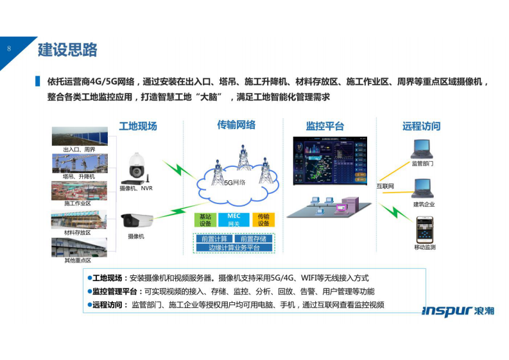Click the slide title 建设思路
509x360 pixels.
[67, 49]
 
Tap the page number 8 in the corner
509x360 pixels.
[9, 48]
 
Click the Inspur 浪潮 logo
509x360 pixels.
[458, 311]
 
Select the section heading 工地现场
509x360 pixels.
[137, 126]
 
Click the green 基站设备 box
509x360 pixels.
[205, 220]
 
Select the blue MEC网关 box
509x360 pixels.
[234, 220]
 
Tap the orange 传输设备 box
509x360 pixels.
[263, 220]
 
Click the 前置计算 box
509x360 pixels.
[214, 239]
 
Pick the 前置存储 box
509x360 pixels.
[253, 239]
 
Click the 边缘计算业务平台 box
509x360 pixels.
[234, 247]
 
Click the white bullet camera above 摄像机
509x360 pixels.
[137, 221]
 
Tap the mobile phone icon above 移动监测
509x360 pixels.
[424, 230]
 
